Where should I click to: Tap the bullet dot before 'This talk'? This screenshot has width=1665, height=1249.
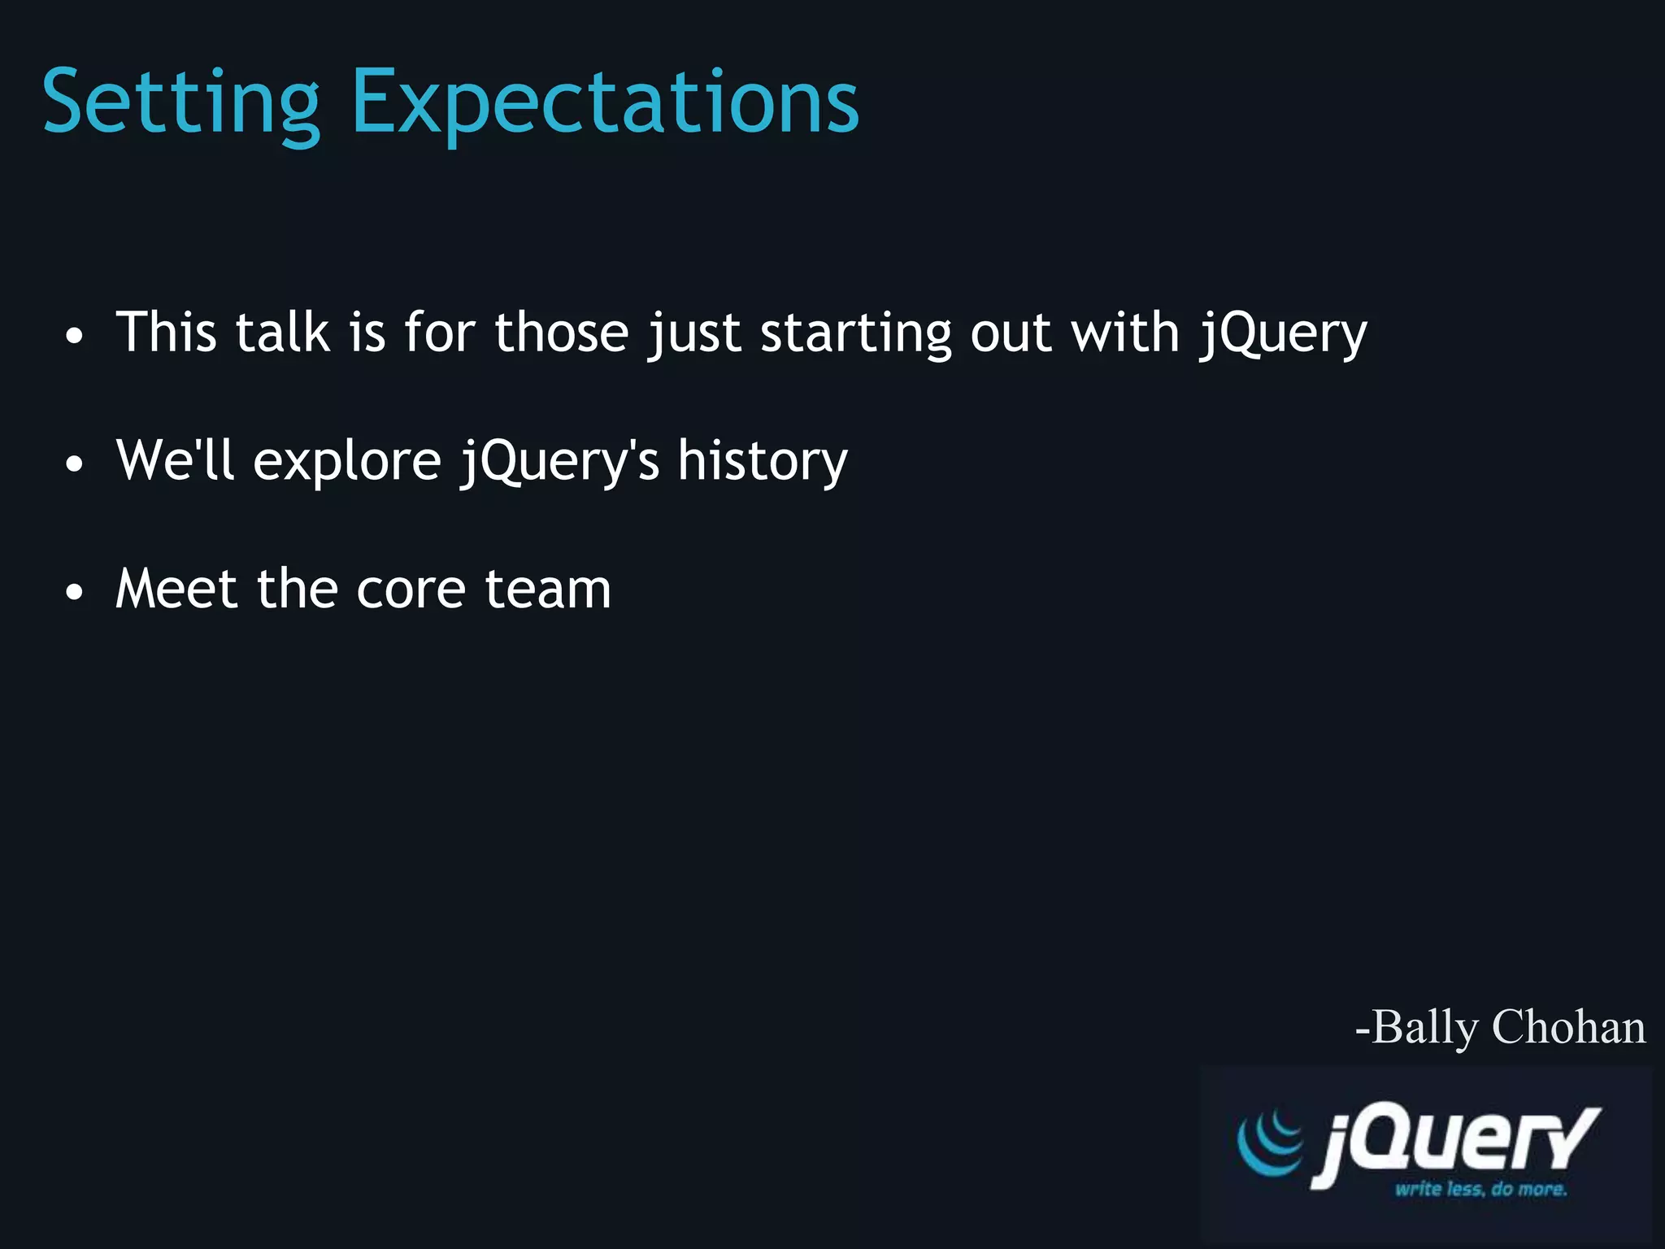point(75,336)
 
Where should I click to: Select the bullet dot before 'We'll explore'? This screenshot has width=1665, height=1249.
point(75,464)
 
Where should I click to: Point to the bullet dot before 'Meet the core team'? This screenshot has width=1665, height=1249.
point(75,592)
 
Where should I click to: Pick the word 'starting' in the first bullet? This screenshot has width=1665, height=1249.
point(855,333)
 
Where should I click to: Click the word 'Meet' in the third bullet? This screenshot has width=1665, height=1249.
point(176,589)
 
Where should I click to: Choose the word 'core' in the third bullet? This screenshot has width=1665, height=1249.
point(411,590)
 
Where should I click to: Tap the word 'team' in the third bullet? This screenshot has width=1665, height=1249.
point(547,589)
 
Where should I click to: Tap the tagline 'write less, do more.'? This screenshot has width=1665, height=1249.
point(1480,1190)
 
